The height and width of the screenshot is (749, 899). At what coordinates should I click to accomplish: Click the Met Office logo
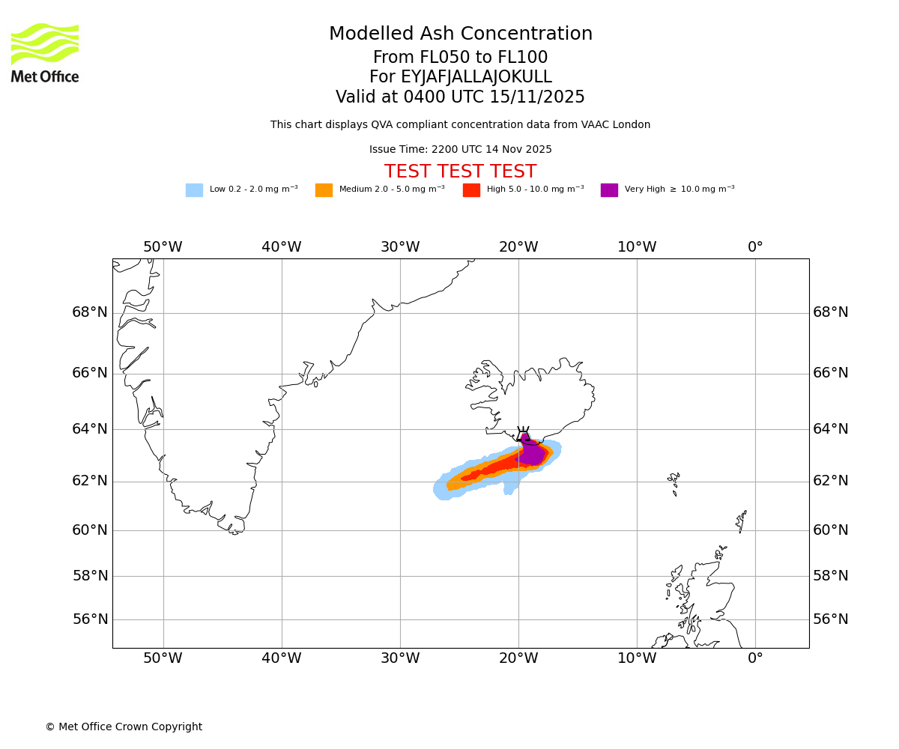[45, 53]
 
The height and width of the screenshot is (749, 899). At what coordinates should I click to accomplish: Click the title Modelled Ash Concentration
[460, 34]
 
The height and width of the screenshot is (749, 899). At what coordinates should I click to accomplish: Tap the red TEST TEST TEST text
[460, 172]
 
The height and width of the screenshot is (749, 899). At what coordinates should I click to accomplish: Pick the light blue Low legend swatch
[194, 190]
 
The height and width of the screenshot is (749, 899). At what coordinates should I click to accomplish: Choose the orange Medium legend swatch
[324, 190]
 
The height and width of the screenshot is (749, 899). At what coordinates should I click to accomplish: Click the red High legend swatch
[471, 190]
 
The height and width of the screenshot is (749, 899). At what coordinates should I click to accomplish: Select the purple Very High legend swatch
[609, 190]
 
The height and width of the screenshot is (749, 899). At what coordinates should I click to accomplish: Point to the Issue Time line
[460, 150]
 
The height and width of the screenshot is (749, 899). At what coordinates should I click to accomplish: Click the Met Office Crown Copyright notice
[124, 727]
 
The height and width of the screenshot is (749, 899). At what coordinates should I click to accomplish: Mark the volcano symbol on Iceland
[523, 434]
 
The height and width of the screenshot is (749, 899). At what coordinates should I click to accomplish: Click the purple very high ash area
[532, 454]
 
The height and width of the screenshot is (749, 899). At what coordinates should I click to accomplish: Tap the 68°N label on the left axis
[90, 312]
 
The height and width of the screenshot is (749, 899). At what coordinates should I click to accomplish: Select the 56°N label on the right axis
[831, 619]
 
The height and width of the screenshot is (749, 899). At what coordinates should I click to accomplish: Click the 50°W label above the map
[163, 247]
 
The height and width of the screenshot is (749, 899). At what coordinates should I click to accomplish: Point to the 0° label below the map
[755, 658]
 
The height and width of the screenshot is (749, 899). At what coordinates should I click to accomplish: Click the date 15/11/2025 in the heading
[537, 97]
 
